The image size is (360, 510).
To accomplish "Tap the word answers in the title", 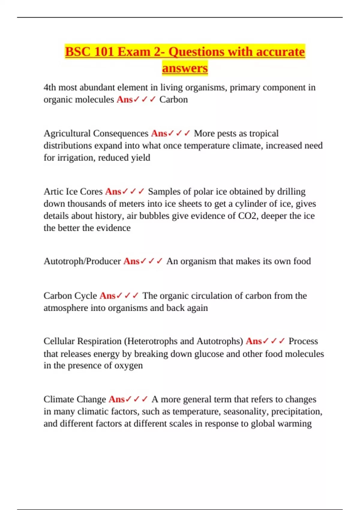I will (185, 68).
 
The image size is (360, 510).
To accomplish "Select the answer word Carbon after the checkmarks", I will (173, 99).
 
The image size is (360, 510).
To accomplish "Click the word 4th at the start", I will (50, 87).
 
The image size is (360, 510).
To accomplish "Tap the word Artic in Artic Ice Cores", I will (53, 191).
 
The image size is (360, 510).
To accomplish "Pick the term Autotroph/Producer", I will (82, 261).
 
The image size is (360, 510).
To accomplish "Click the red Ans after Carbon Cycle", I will (107, 296).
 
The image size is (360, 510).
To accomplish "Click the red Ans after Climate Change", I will (116, 399).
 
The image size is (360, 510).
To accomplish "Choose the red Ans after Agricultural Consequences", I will (159, 133).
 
